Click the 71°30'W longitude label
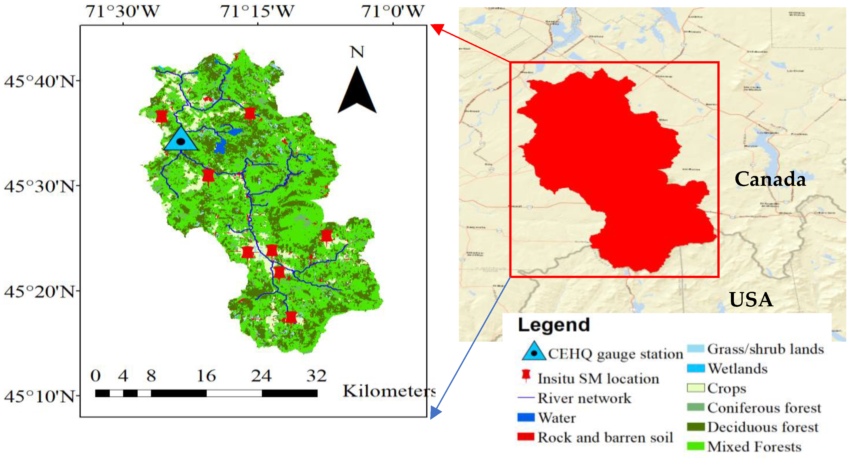[x=123, y=12]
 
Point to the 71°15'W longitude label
[x=257, y=12]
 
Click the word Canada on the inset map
[x=770, y=179]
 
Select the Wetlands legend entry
[x=737, y=369]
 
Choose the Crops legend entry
[x=726, y=388]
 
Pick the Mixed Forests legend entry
[x=754, y=447]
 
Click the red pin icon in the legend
[x=526, y=376]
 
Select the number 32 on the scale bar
[x=316, y=376]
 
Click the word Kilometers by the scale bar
[x=389, y=391]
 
